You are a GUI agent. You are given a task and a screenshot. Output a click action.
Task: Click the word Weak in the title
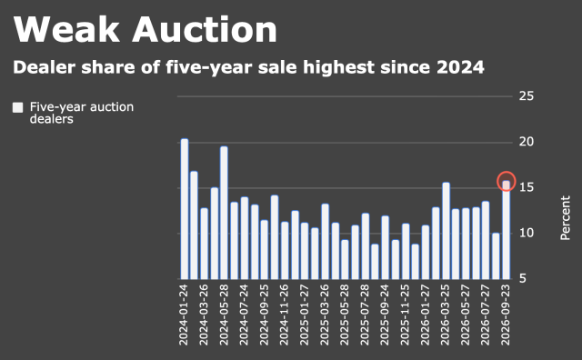(66, 29)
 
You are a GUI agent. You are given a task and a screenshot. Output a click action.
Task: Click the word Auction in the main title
(205, 29)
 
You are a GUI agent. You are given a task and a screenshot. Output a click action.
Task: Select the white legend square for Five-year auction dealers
(18, 107)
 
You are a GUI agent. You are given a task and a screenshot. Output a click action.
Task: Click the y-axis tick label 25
(527, 96)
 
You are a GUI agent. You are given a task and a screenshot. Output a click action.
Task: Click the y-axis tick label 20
(527, 142)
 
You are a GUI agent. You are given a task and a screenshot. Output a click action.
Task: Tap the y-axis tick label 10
(527, 233)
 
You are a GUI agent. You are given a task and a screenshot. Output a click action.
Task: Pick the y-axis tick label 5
(523, 279)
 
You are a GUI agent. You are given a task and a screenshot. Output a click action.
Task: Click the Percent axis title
(565, 218)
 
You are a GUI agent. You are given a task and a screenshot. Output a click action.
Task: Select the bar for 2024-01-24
(185, 209)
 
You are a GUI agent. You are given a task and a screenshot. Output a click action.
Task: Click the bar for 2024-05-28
(224, 213)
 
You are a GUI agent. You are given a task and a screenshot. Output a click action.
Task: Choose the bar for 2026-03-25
(446, 231)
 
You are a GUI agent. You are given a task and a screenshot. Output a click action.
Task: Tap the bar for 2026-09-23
(507, 230)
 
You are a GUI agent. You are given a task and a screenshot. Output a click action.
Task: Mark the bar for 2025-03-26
(326, 242)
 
